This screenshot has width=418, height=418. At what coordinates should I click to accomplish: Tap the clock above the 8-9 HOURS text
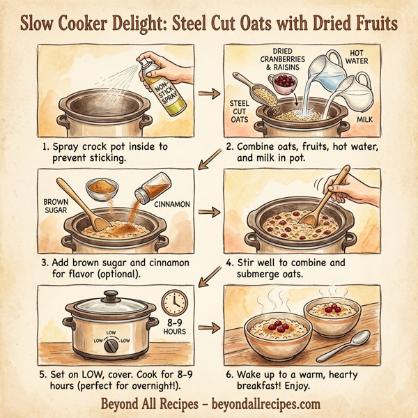pos(174,302)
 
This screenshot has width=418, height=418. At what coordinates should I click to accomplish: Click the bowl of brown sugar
pos(102,187)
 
